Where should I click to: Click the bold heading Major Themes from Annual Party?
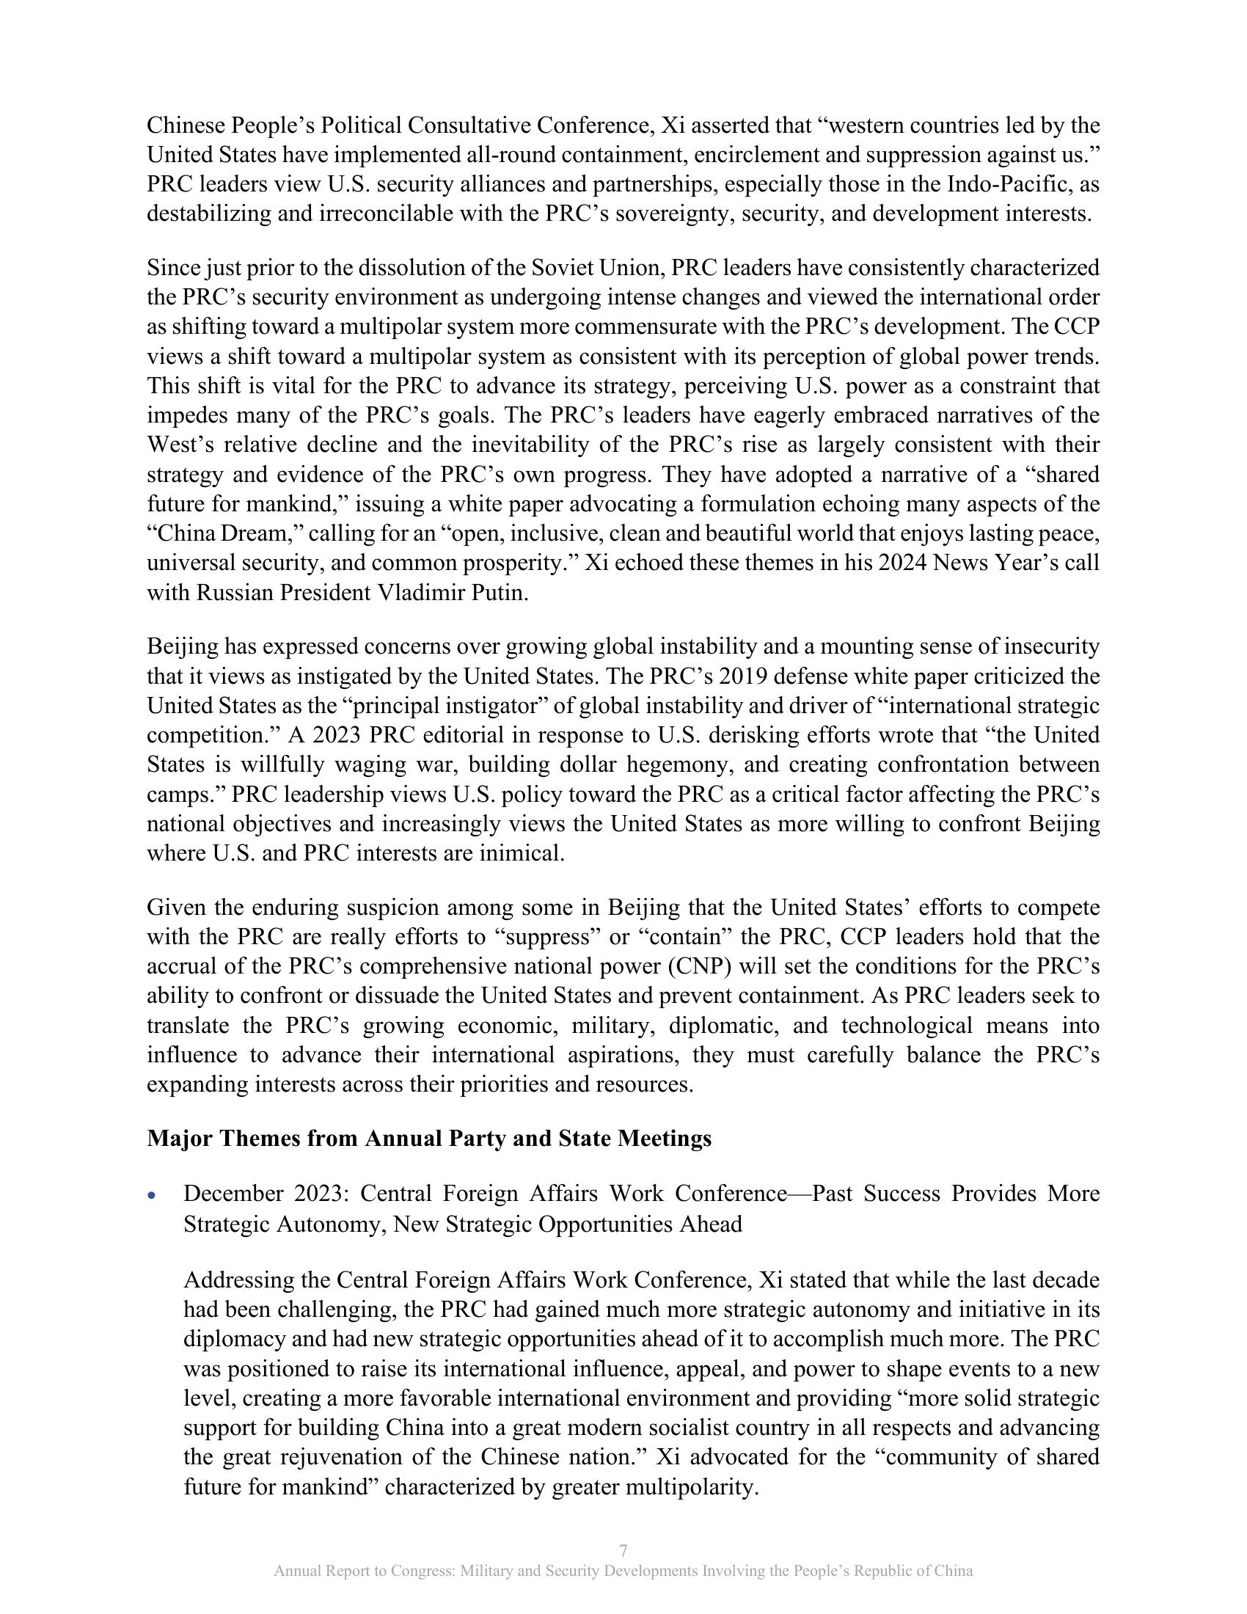(429, 1138)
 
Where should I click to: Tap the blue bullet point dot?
(152, 1195)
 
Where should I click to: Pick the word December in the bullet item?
(232, 1194)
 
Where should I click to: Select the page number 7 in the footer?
(623, 1549)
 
